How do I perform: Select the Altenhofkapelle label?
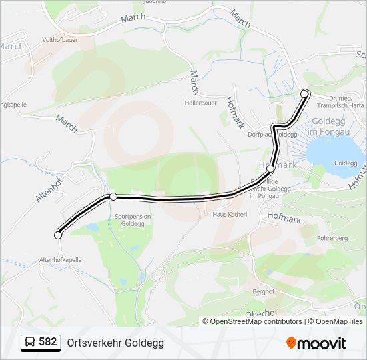click(61, 259)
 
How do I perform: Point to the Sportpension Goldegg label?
click(133, 221)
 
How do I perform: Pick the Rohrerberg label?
click(334, 237)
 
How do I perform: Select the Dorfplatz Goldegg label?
click(272, 134)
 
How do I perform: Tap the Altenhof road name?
click(49, 189)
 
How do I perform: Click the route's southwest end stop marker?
click(58, 235)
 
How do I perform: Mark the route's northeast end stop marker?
click(305, 93)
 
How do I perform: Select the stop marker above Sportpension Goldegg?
click(113, 197)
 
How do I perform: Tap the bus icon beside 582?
click(30, 343)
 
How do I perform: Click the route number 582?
click(48, 342)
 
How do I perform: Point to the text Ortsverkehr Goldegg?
click(115, 343)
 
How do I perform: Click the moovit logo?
click(316, 343)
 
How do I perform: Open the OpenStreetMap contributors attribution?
click(256, 321)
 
